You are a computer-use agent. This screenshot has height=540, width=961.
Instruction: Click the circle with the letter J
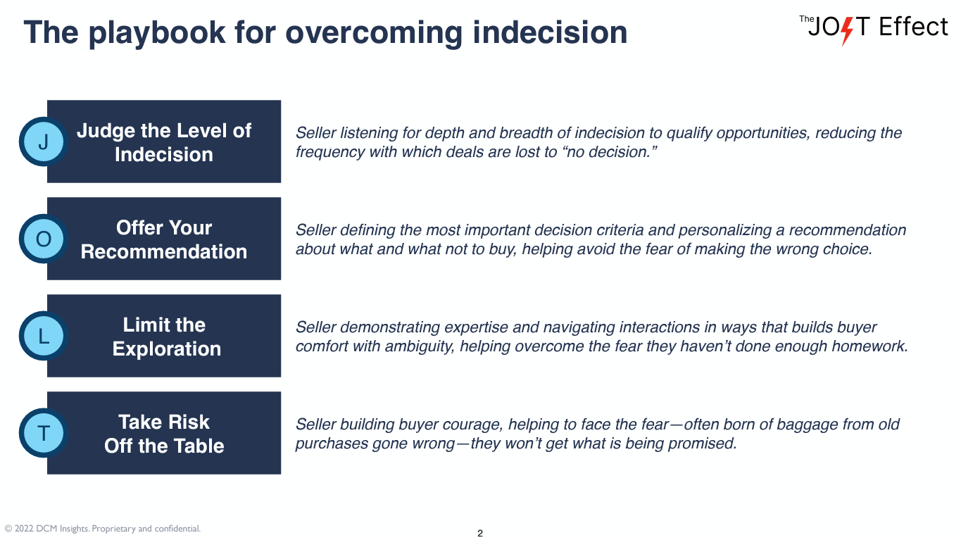tap(44, 142)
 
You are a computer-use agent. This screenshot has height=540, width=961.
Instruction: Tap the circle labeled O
tap(44, 239)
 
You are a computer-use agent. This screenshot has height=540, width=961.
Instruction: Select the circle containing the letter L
tap(44, 337)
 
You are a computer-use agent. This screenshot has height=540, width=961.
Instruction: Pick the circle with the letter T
tap(44, 434)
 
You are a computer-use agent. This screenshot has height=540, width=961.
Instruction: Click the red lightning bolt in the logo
tap(847, 30)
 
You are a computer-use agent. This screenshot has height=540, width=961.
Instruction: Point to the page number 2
tap(480, 533)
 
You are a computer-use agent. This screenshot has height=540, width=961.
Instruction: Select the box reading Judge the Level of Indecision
tap(164, 142)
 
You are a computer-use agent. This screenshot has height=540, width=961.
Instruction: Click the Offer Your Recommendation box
tap(164, 239)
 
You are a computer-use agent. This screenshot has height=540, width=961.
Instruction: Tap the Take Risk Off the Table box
tap(164, 434)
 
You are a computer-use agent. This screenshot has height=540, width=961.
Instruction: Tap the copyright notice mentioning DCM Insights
tap(103, 528)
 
